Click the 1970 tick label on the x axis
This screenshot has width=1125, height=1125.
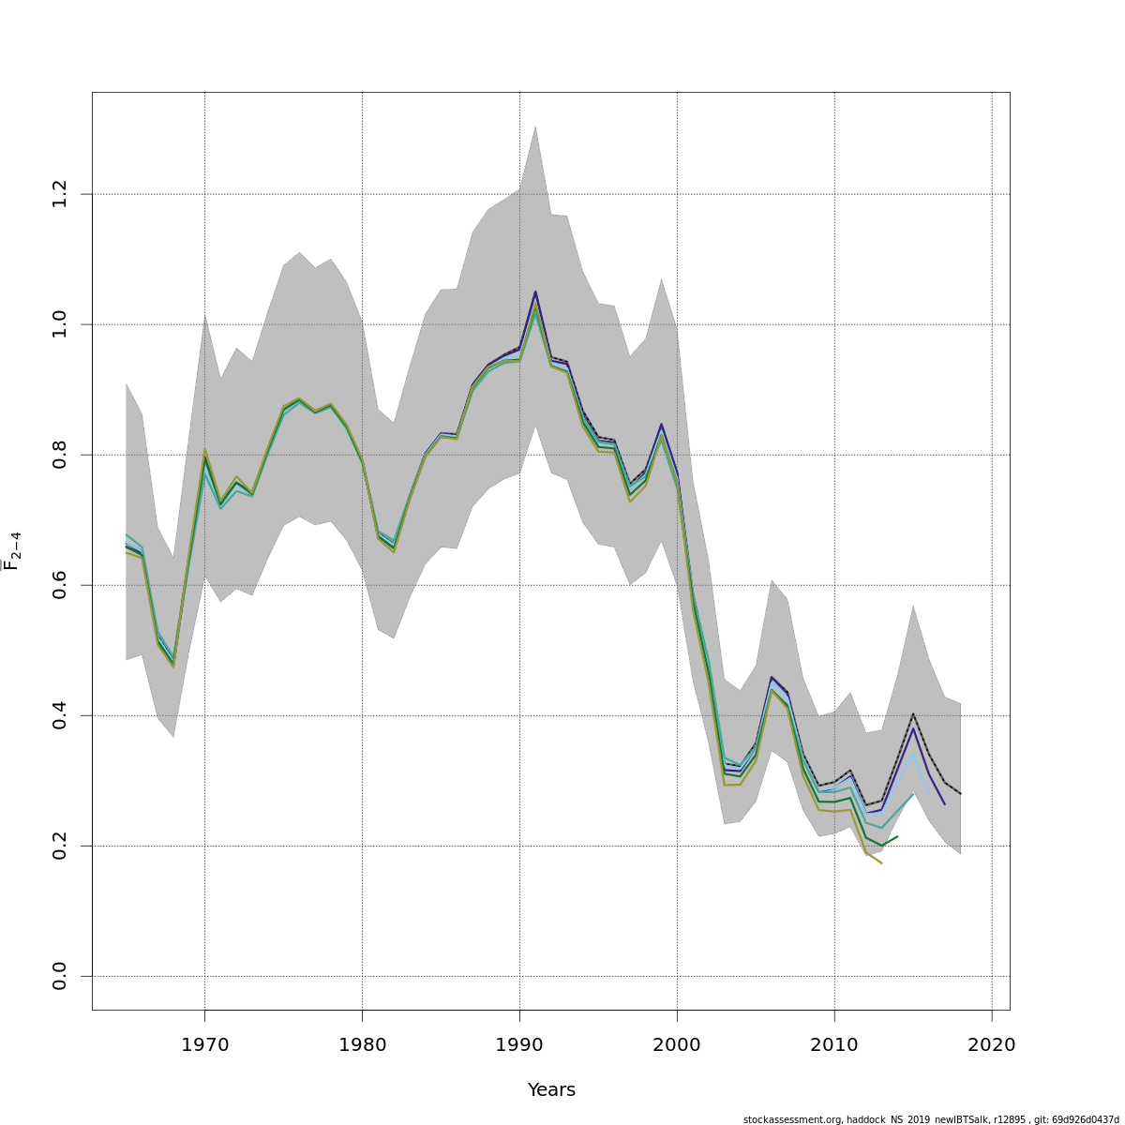point(204,1044)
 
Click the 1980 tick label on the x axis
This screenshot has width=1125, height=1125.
point(362,1044)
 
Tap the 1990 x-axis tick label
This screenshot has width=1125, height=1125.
point(519,1044)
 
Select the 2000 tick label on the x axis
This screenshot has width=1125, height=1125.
point(677,1044)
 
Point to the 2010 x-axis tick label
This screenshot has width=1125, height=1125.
point(834,1044)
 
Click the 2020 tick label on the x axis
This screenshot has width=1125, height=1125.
point(992,1044)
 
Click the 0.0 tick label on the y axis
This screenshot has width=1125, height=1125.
point(60,976)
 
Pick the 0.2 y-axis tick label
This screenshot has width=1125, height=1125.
point(60,846)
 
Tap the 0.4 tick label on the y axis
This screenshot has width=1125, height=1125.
point(60,715)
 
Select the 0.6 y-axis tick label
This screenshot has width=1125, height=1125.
point(60,585)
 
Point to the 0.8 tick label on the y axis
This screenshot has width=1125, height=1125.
point(60,455)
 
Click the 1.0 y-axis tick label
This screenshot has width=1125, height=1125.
point(60,324)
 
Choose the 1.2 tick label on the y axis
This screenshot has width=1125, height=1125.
point(60,194)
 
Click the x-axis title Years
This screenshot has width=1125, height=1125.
point(551,1090)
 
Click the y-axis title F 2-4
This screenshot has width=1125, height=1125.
point(12,550)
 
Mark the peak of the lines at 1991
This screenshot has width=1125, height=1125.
point(535,292)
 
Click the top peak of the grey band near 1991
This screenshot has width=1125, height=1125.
point(535,126)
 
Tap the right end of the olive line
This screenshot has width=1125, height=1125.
point(881,862)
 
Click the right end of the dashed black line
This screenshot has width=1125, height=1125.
point(960,793)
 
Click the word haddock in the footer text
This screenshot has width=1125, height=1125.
point(869,1119)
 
